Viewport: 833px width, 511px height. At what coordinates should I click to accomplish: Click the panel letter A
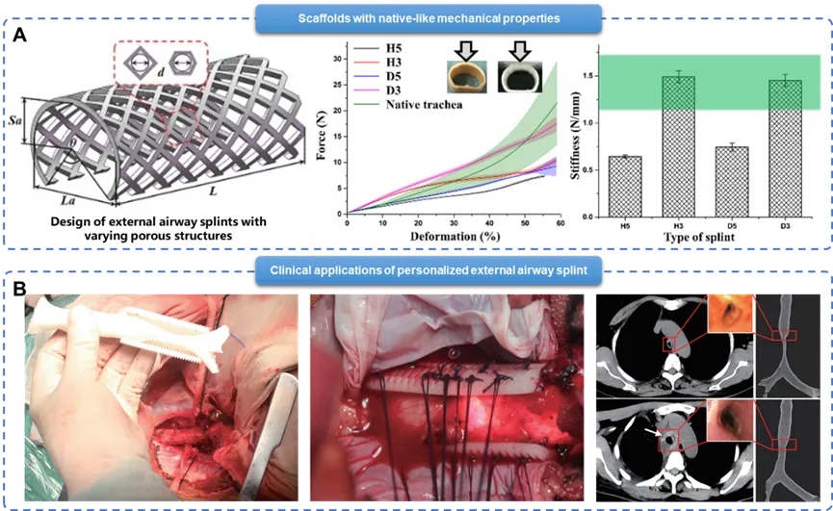(19, 36)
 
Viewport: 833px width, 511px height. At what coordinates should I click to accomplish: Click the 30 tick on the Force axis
(337, 60)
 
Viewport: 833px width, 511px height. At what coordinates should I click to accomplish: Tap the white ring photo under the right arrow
(518, 77)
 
